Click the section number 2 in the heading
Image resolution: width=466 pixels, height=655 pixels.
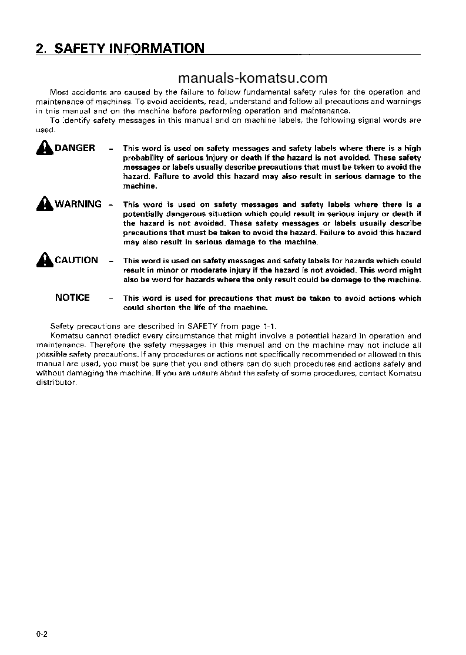coord(40,49)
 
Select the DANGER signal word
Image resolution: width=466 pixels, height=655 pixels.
coord(75,148)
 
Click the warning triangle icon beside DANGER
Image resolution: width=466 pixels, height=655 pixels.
coord(45,148)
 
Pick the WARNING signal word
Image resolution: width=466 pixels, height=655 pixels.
coord(78,204)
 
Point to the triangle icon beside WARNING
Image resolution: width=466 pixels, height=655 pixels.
coord(45,204)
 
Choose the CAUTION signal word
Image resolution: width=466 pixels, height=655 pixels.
coord(76,260)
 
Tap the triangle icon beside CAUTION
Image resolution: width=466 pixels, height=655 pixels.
coord(45,260)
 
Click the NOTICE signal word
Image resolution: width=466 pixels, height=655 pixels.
coord(72,298)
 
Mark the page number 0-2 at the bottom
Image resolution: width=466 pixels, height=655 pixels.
coord(41,634)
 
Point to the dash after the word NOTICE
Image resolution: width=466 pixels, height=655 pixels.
coord(110,298)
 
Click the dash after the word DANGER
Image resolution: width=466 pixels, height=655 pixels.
coord(110,149)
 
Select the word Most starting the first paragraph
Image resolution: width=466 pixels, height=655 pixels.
coord(59,92)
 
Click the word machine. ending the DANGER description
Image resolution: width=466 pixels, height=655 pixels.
coord(140,186)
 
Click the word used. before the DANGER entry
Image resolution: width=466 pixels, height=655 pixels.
coord(45,130)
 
